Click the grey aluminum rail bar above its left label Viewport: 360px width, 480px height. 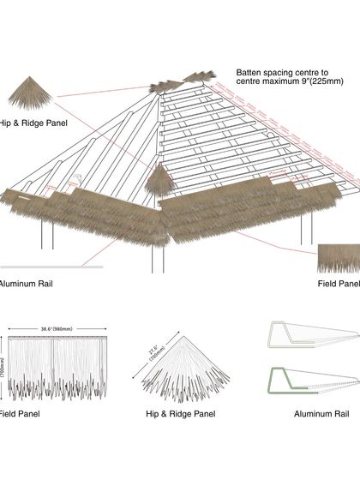[x=51, y=267]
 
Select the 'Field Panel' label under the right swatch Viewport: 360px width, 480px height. [x=339, y=283]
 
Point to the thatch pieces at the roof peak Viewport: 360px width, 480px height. [x=180, y=82]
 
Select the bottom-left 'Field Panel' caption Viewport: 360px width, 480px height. [x=17, y=413]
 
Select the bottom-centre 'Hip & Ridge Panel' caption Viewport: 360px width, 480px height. [x=180, y=413]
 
